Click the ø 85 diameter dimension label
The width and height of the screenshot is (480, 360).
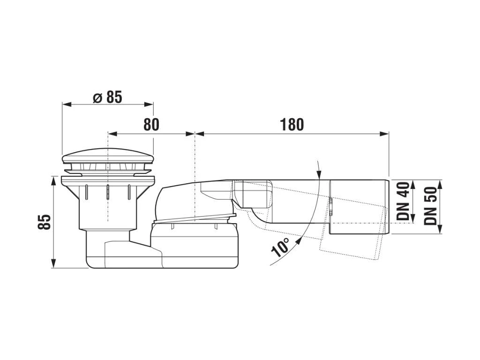tap(107, 97)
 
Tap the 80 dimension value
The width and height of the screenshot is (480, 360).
tap(151, 125)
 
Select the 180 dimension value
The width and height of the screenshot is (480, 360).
tap(292, 125)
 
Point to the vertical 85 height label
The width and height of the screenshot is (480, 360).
tap(45, 222)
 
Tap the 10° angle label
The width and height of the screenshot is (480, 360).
tap(280, 247)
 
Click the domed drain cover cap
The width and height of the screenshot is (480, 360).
tap(108, 156)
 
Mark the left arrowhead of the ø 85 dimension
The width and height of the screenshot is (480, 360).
tap(67, 105)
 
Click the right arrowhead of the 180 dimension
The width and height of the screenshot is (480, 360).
tap(384, 134)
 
